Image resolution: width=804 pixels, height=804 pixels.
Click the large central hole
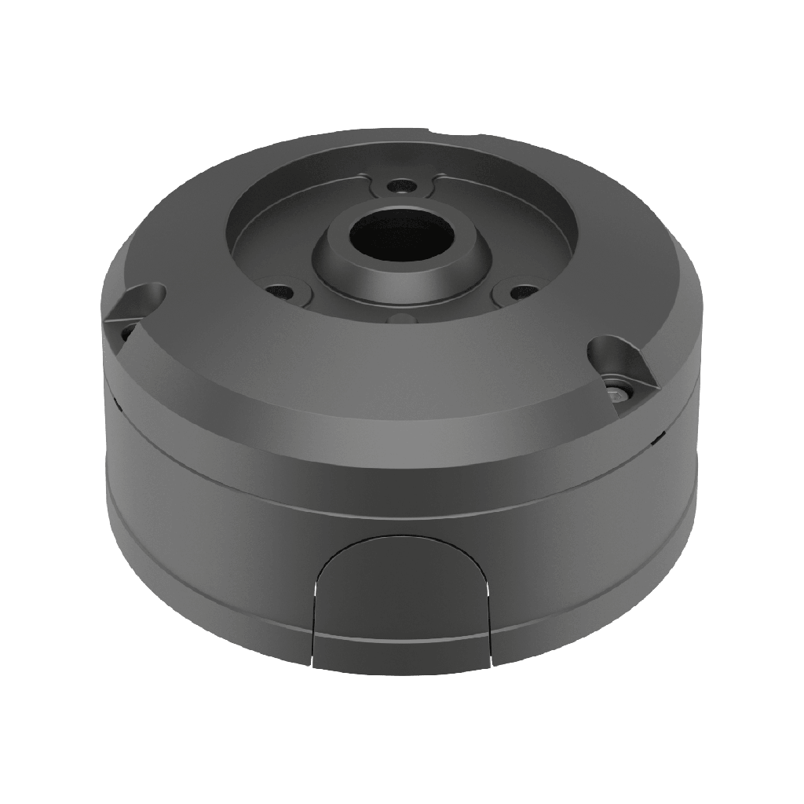(400, 236)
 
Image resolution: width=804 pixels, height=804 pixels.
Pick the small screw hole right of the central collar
(517, 291)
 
